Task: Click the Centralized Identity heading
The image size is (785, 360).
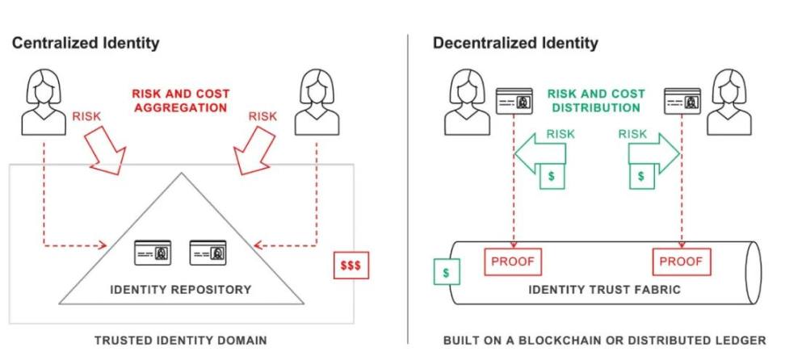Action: coord(86,43)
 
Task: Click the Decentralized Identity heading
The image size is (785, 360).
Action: coord(515,43)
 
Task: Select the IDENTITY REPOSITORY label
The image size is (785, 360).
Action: coord(182,289)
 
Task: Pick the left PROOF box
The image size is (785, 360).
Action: coord(513,262)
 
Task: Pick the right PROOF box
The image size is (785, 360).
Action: coord(681,262)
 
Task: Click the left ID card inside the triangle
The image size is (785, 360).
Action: coord(153,253)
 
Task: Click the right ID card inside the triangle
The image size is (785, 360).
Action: coord(208,253)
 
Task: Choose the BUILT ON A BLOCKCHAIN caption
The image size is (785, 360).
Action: coord(604,341)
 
